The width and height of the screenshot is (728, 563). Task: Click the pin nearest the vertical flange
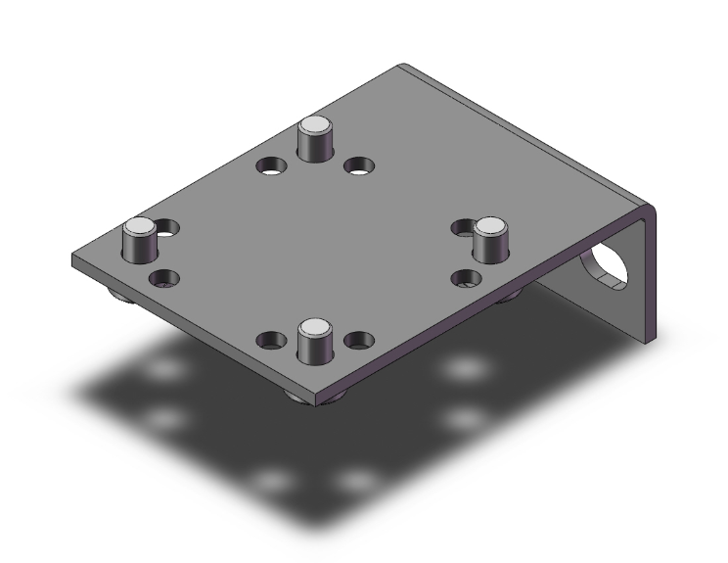[x=492, y=240]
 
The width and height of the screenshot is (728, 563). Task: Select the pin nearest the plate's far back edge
[x=314, y=139]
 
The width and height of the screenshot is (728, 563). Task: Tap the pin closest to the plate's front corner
[x=314, y=343]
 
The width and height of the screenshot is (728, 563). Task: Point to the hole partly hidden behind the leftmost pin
[x=170, y=229]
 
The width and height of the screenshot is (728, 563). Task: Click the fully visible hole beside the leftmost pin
[x=164, y=279]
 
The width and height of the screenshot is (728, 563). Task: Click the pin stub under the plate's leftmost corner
[x=117, y=297]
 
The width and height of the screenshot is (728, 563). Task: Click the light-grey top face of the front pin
[x=314, y=327]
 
